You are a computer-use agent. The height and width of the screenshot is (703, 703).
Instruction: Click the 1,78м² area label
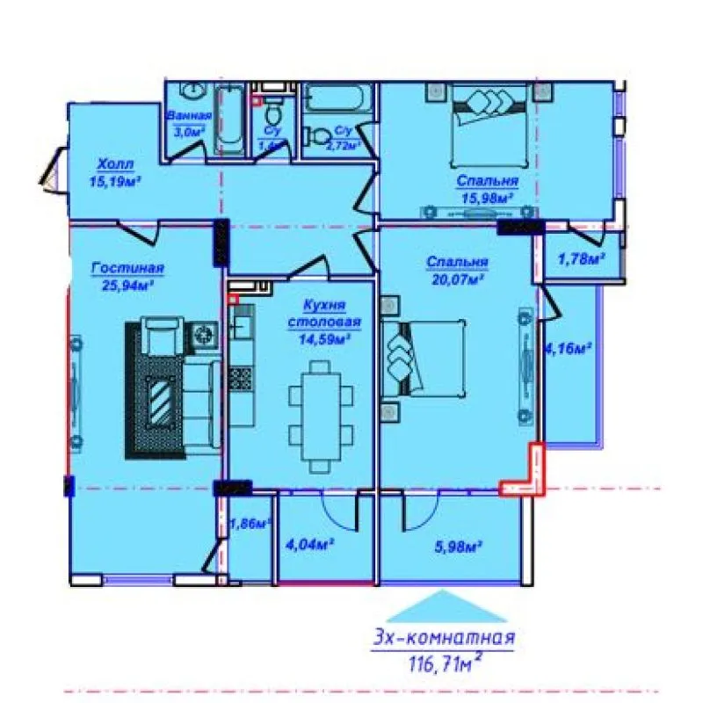point(581,258)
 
